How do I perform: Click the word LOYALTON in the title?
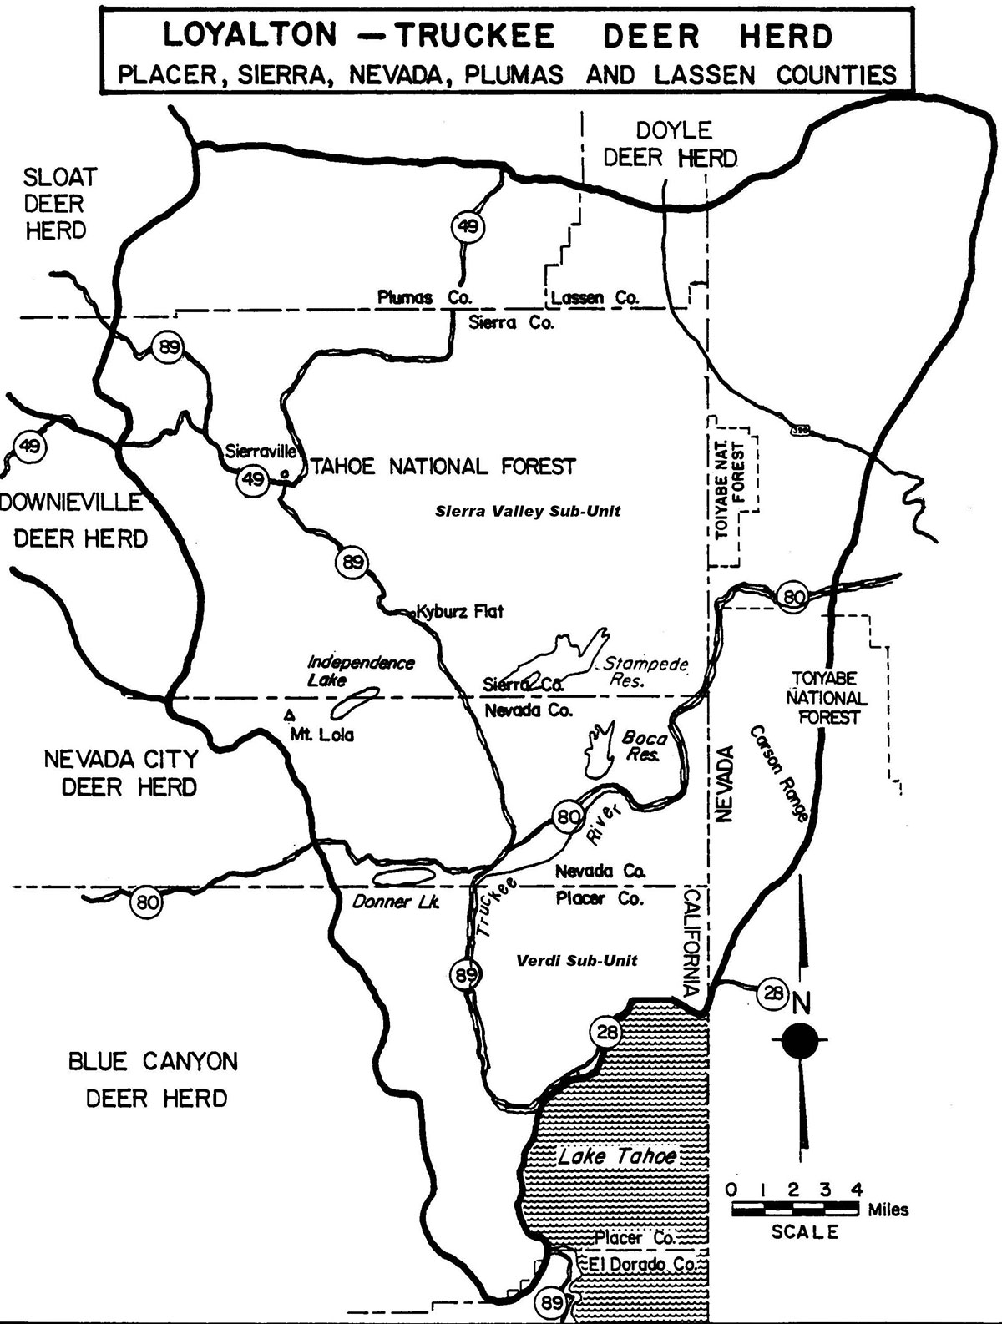(250, 36)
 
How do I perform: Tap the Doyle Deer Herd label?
(671, 144)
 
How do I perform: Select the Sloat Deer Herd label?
(57, 204)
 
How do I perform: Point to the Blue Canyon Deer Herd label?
(154, 1079)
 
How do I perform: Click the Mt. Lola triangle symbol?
(290, 715)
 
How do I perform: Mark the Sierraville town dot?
(286, 473)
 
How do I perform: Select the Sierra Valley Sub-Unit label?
(528, 511)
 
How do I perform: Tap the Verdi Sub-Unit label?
(577, 960)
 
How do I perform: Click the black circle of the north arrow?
(802, 1040)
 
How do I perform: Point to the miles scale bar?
(796, 1208)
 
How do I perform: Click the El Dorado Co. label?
(642, 1264)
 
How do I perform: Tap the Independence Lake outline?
(355, 703)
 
